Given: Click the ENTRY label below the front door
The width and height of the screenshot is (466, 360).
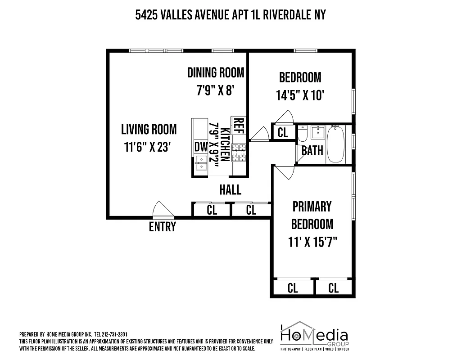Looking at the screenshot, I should (162, 227).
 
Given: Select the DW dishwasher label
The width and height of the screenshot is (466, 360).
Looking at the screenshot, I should (200, 147).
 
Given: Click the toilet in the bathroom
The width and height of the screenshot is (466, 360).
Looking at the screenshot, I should (303, 133).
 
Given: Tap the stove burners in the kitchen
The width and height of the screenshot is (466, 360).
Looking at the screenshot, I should (239, 153).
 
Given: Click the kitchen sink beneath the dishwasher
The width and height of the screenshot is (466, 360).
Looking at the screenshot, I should (200, 163).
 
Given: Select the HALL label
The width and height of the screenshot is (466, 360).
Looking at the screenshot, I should (230, 190).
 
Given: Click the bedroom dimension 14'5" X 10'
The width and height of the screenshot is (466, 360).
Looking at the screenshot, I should (300, 95).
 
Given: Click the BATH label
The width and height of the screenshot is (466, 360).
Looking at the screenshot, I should (312, 150).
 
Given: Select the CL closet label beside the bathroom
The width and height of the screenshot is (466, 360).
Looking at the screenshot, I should (283, 133).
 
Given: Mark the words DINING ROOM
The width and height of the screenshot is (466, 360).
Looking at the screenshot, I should (216, 72).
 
